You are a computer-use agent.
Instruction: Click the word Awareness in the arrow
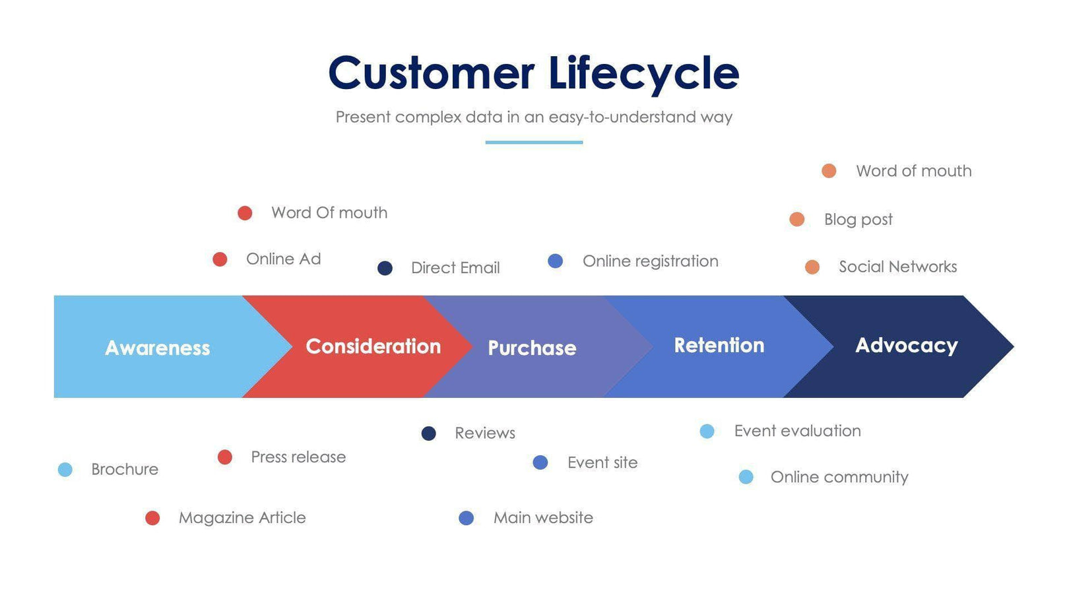click(x=157, y=348)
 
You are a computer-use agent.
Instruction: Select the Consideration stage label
click(x=373, y=346)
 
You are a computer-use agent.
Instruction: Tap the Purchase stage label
click(x=532, y=348)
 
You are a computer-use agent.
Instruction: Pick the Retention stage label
click(x=719, y=345)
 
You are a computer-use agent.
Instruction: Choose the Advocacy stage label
click(x=906, y=345)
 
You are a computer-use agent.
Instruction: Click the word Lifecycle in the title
click(x=643, y=73)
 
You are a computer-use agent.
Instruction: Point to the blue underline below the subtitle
click(x=534, y=142)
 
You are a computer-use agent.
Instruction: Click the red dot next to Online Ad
click(x=220, y=259)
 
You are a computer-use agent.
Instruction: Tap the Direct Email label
click(x=455, y=268)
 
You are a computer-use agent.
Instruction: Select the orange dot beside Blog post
click(x=796, y=219)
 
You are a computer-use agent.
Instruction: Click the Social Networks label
click(x=897, y=267)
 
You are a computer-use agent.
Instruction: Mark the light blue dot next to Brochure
click(x=65, y=470)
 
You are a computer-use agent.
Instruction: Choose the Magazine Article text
click(x=242, y=518)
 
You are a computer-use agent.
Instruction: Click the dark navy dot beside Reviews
click(x=428, y=433)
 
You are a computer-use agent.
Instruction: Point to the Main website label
click(x=543, y=518)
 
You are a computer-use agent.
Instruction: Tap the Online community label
click(x=839, y=477)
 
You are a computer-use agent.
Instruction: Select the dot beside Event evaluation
click(x=707, y=431)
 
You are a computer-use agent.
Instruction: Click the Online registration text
click(x=650, y=261)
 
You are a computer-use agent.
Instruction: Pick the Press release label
click(x=298, y=457)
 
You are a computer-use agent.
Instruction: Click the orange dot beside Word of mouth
click(x=829, y=171)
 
